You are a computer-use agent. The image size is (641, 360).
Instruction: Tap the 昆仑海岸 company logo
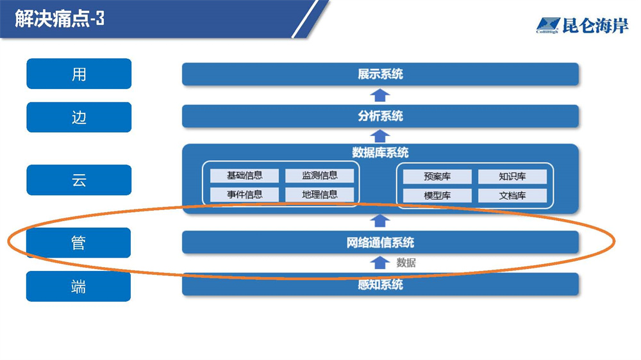click(581, 26)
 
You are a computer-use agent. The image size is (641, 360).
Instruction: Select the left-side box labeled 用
click(79, 74)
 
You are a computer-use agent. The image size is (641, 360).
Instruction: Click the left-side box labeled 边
click(79, 117)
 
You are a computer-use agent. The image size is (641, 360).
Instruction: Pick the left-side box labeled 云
click(79, 180)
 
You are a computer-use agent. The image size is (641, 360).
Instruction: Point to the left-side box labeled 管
click(79, 243)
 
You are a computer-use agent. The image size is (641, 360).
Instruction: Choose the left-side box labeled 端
click(79, 286)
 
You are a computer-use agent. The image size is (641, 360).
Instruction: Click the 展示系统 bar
click(380, 74)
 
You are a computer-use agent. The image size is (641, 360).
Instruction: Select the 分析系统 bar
click(380, 117)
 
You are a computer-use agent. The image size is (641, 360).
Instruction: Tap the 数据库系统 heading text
click(380, 153)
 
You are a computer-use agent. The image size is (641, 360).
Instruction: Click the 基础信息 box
click(245, 176)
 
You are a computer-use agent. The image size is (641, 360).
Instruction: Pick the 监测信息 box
click(319, 176)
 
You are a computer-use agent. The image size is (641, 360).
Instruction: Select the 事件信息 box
click(245, 195)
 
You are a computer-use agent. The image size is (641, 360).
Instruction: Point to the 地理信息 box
click(319, 195)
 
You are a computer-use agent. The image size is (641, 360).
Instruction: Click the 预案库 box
click(437, 177)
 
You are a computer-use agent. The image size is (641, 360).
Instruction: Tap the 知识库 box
click(512, 177)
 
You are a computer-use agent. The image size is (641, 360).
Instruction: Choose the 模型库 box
click(437, 196)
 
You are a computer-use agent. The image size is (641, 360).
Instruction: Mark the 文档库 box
click(512, 196)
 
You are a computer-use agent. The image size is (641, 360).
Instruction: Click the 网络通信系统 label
click(380, 243)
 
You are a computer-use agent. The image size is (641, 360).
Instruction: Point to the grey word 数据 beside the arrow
click(406, 263)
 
